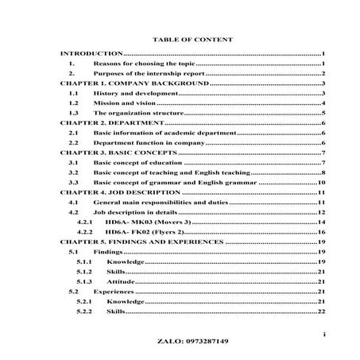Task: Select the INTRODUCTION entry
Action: pyautogui.click(x=91, y=52)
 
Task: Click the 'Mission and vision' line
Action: pyautogui.click(x=122, y=103)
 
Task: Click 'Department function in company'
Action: pyautogui.click(x=148, y=144)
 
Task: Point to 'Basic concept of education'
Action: pyautogui.click(x=138, y=162)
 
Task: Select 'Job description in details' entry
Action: pyautogui.click(x=137, y=212)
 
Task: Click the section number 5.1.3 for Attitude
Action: pyautogui.click(x=83, y=282)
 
